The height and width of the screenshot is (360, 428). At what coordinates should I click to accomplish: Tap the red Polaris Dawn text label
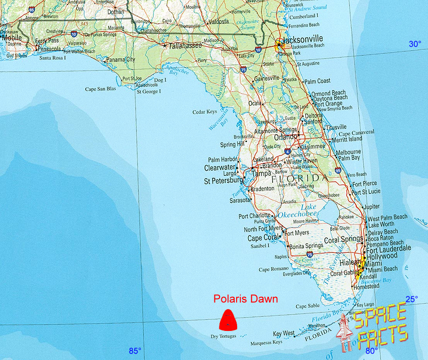coord(245,299)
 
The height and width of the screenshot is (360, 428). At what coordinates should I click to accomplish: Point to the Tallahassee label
coord(185,46)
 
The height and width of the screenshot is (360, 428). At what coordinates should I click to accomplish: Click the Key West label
coord(284,334)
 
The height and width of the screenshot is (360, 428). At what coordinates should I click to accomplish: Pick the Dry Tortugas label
coord(223,336)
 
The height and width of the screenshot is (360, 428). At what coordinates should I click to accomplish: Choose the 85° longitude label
coord(135,351)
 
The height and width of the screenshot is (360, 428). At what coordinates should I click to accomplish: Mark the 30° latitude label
coord(415,44)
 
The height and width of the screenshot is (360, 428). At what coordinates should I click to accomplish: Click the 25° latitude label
coord(411,299)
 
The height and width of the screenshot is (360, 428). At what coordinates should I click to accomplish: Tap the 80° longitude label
coord(372,351)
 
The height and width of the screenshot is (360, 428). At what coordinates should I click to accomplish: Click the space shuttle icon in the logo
coord(345,331)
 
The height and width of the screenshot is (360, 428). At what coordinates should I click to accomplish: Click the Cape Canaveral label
coord(357,132)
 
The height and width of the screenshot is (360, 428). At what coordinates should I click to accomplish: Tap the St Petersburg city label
coord(224,181)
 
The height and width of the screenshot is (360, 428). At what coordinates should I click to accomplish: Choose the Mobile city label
coord(11,37)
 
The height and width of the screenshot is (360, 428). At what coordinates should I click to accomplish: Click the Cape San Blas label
coord(100,89)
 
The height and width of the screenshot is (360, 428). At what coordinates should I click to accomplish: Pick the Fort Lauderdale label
coord(388,248)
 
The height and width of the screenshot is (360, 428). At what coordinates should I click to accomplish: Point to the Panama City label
coord(120,60)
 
